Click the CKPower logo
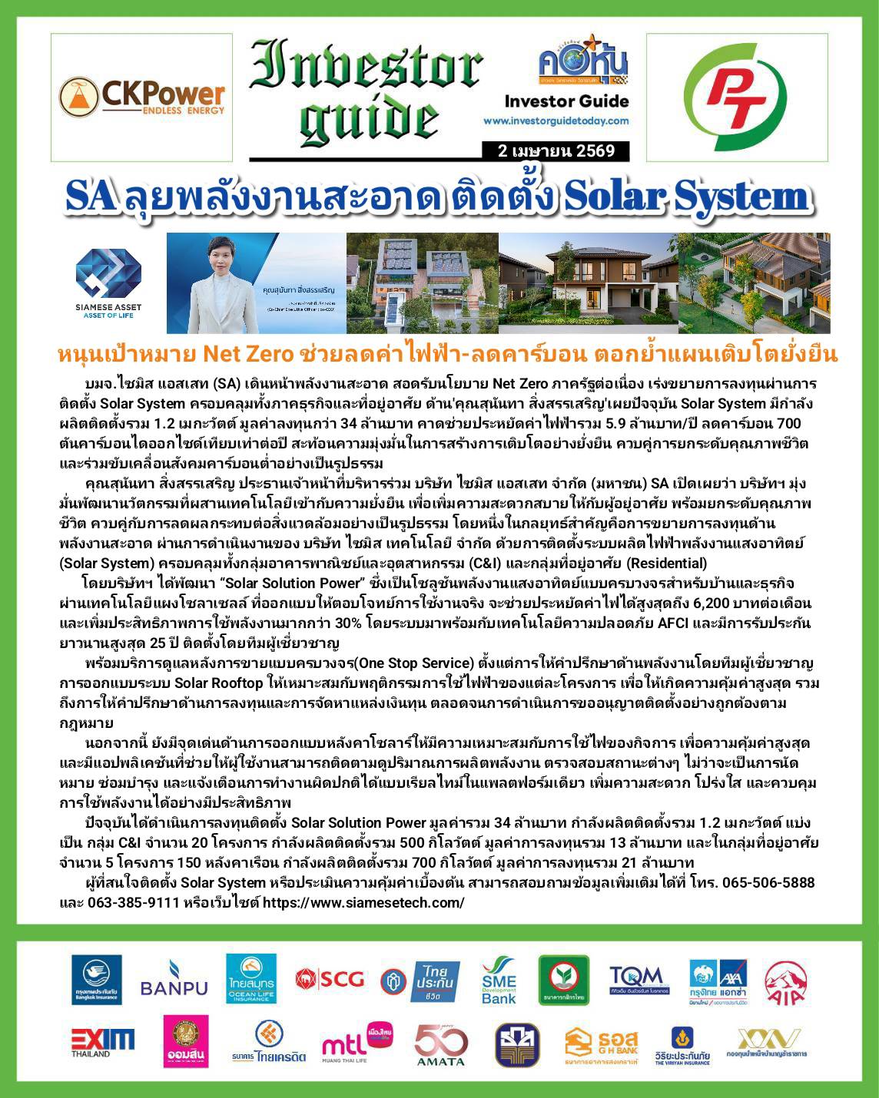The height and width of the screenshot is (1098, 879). pos(142,98)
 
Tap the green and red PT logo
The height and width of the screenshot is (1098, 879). pos(737,97)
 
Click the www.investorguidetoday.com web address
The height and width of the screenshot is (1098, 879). pos(556,121)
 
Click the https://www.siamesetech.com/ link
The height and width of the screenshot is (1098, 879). pos(363,902)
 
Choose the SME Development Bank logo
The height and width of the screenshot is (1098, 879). pos(499,981)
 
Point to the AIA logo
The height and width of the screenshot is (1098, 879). pos(785,980)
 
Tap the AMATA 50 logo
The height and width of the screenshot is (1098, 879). pos(441,1045)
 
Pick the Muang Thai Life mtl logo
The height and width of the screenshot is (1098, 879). pos(356,1043)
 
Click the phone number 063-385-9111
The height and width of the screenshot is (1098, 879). pos(122,902)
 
